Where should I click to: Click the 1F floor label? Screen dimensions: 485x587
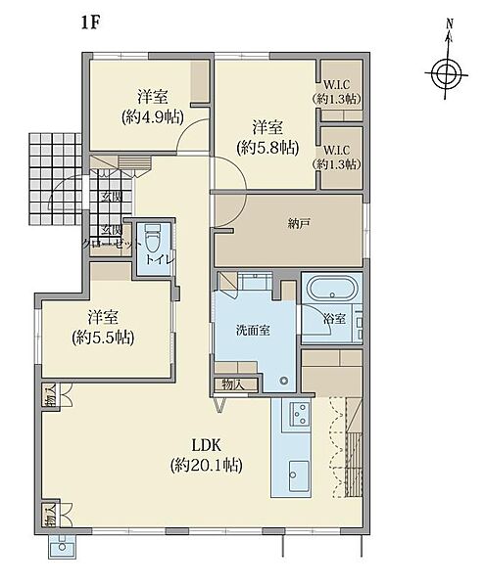[90, 23]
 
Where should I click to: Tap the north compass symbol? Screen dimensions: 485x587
[447, 73]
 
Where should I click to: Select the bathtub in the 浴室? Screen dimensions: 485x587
[331, 289]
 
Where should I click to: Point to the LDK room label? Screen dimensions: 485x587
[206, 445]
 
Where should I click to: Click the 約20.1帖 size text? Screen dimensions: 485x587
[206, 466]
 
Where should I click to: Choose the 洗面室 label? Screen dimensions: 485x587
[253, 331]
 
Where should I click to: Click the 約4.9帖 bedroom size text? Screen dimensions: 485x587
[152, 117]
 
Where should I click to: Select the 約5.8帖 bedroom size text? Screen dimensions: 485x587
[267, 149]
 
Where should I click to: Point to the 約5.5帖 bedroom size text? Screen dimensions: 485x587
[103, 338]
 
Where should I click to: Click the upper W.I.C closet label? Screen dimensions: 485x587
[337, 85]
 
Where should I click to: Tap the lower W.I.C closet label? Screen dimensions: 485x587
[337, 151]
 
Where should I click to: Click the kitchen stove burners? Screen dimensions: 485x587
[299, 414]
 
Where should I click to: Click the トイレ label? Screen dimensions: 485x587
[160, 260]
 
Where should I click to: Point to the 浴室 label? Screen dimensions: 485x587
[335, 319]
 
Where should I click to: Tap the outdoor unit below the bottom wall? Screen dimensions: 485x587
[63, 546]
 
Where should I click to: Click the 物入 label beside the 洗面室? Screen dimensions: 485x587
[233, 384]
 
